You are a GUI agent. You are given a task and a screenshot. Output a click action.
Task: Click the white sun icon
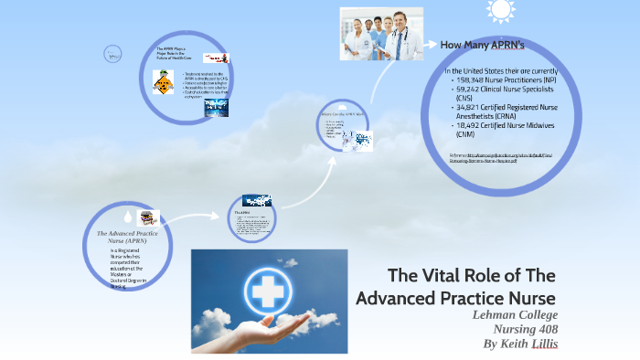(500, 10)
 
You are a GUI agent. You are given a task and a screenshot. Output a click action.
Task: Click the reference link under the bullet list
(489, 158)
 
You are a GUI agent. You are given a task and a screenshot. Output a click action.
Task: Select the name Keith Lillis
(534, 344)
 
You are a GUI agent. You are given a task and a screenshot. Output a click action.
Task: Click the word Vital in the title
(445, 276)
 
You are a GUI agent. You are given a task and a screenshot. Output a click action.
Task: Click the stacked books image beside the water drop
(147, 217)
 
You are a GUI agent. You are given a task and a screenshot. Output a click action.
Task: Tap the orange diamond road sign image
(163, 85)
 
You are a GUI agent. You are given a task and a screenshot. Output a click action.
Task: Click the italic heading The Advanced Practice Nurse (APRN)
(128, 238)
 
